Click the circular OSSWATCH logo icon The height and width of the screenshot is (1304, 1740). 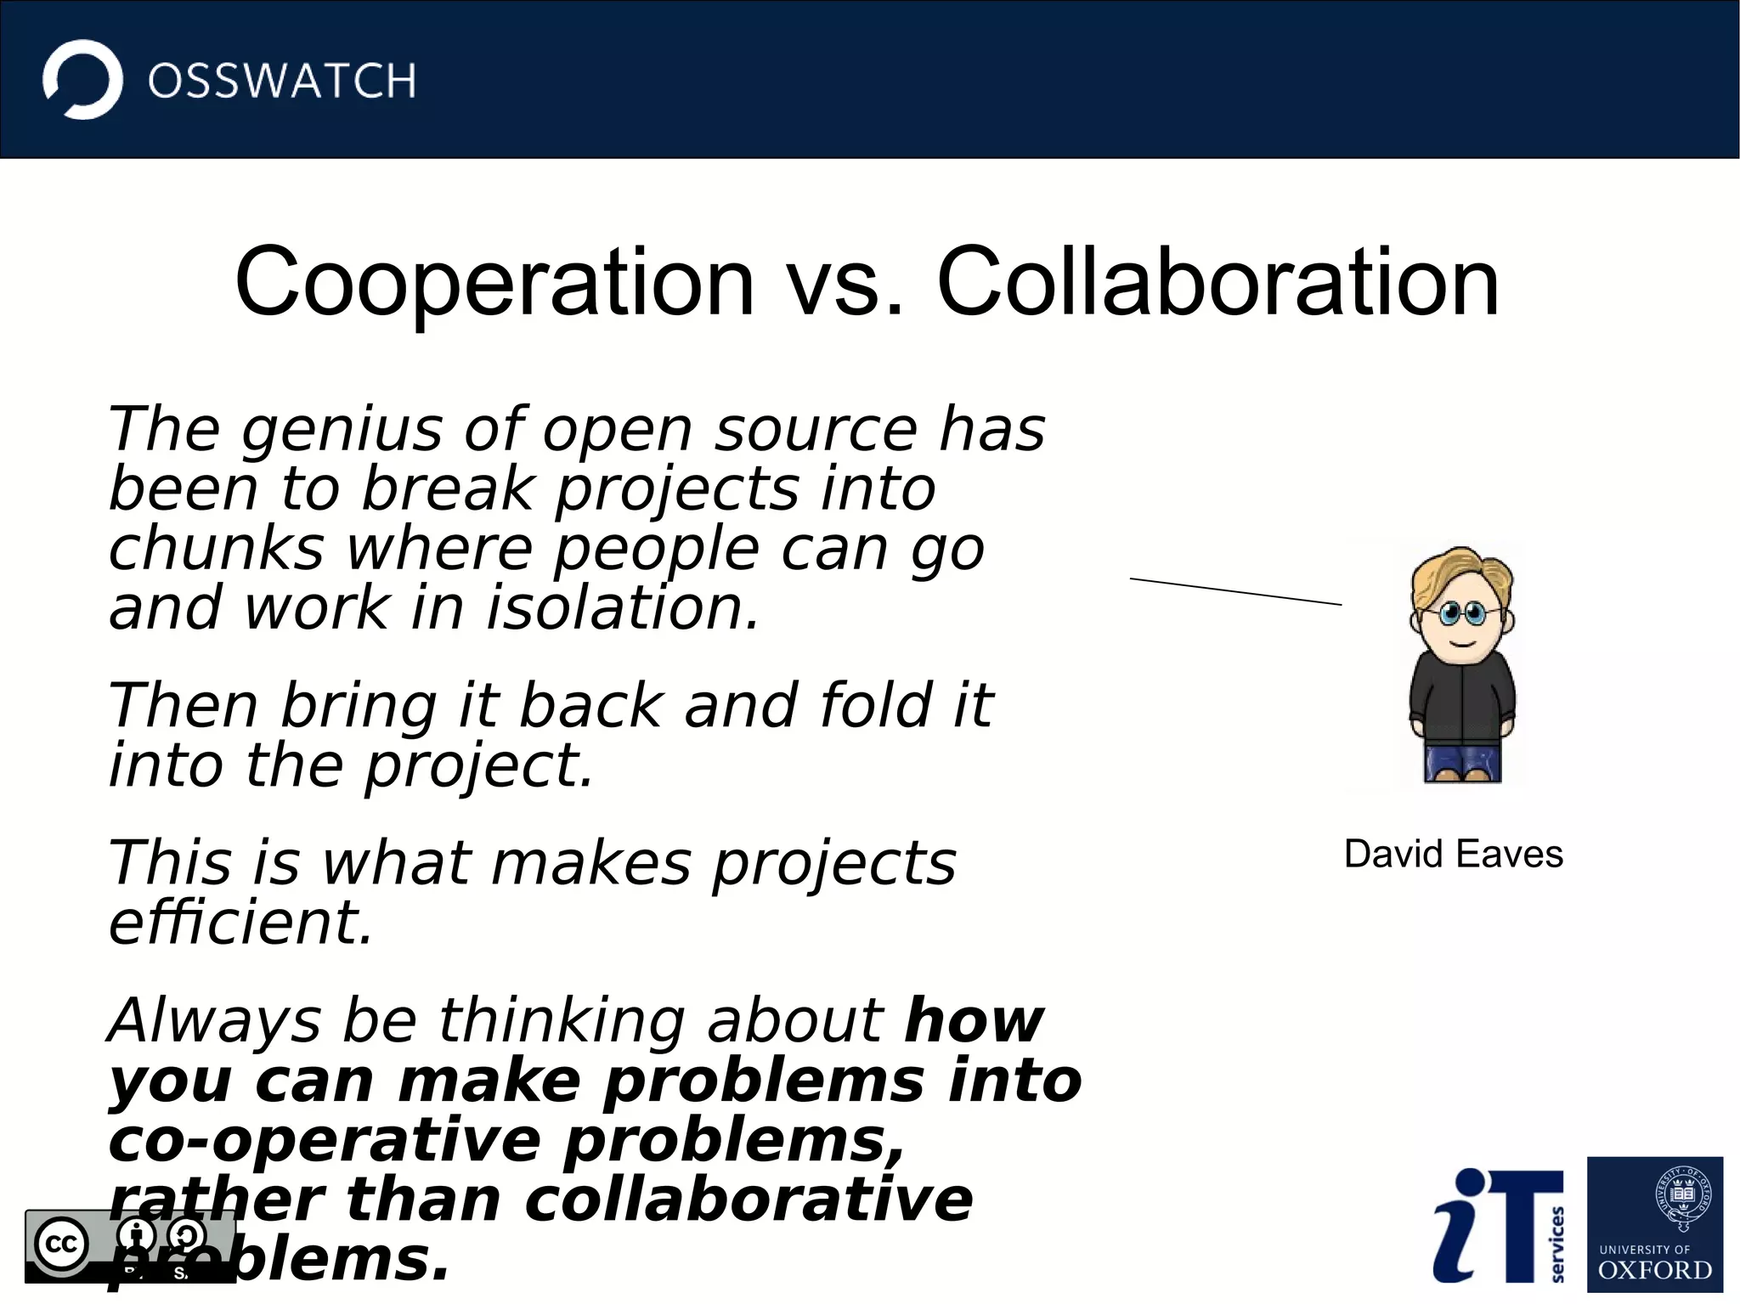82,80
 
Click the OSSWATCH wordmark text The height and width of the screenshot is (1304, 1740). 282,82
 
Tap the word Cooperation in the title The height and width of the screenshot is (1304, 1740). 494,282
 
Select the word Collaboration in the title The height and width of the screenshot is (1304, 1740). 1217,282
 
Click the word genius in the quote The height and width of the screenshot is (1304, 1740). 342,430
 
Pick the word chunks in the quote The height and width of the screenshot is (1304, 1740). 217,549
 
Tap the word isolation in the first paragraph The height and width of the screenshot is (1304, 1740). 622,608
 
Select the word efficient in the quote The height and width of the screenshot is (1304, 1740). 240,923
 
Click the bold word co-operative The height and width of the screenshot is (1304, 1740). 325,1140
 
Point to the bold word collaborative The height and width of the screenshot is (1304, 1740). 748,1200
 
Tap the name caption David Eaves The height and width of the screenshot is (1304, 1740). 1453,854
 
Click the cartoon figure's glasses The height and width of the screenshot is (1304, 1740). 1461,612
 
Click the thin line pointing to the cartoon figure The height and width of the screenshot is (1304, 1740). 1235,591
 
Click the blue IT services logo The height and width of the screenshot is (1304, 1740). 1498,1225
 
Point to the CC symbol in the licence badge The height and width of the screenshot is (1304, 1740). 61,1244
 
